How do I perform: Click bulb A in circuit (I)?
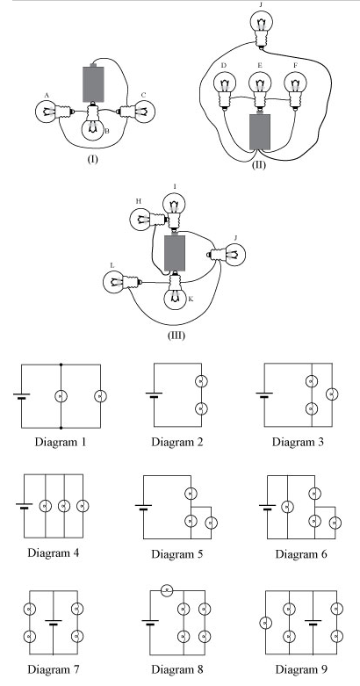coord(52,112)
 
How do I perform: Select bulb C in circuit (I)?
coord(136,112)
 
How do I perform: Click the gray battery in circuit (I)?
coord(93,83)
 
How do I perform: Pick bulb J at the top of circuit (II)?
coord(262,27)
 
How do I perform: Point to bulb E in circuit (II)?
coord(260,90)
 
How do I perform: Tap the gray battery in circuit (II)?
coord(260,131)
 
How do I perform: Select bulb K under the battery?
coord(175,291)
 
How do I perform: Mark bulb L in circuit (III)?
coord(122,282)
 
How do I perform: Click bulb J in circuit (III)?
coord(227,255)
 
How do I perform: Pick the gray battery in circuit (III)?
coord(175,252)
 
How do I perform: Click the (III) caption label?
coord(176,336)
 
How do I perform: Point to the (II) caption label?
coord(258,165)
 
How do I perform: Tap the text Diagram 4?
coord(54,552)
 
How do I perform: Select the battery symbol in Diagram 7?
coord(54,622)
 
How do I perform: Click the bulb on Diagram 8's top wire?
coord(167,590)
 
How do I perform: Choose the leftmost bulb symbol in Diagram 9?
coord(265,623)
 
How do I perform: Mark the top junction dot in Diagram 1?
coord(61,364)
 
